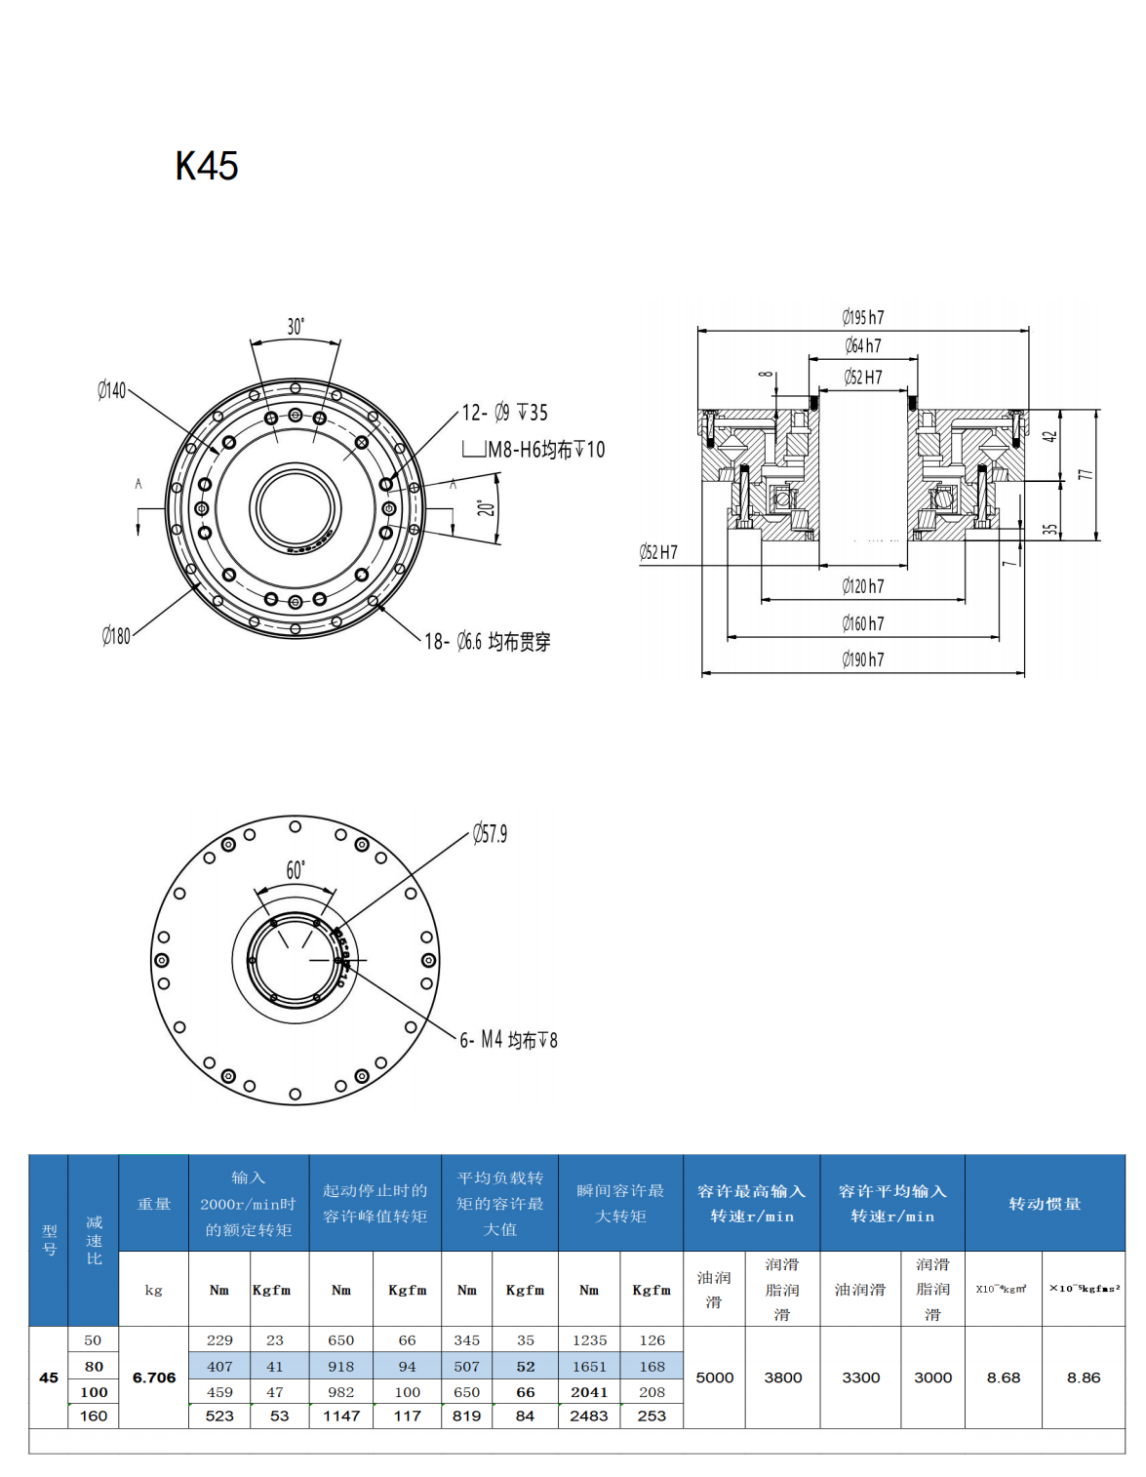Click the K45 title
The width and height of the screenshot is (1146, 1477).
tap(207, 166)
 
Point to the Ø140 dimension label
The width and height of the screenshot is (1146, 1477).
tap(112, 390)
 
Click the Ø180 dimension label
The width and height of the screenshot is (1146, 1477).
tap(116, 636)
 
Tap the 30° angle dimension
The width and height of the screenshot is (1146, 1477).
tap(296, 327)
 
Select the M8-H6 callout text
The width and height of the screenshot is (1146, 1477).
tap(545, 450)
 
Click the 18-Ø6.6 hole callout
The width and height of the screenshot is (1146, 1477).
tap(488, 642)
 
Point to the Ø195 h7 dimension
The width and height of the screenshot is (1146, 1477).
tap(863, 317)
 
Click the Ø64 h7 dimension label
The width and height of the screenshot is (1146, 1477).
tap(863, 345)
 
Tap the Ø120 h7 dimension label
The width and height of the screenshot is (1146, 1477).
tap(863, 586)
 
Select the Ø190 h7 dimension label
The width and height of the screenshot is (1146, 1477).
tap(863, 659)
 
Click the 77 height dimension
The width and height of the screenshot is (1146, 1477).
tap(1086, 475)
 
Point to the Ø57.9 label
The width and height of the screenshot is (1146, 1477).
tap(490, 834)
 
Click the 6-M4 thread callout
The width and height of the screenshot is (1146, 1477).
tap(508, 1040)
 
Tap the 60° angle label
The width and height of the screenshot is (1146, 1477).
tap(296, 870)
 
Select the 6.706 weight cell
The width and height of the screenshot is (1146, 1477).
tap(154, 1377)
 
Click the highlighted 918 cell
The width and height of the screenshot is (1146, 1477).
tap(341, 1367)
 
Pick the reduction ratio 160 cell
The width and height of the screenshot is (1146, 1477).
tap(94, 1416)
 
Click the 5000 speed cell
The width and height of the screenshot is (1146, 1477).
tap(715, 1377)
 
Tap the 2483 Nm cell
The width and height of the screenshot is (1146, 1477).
tap(589, 1416)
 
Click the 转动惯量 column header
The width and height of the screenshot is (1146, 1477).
tap(1045, 1204)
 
